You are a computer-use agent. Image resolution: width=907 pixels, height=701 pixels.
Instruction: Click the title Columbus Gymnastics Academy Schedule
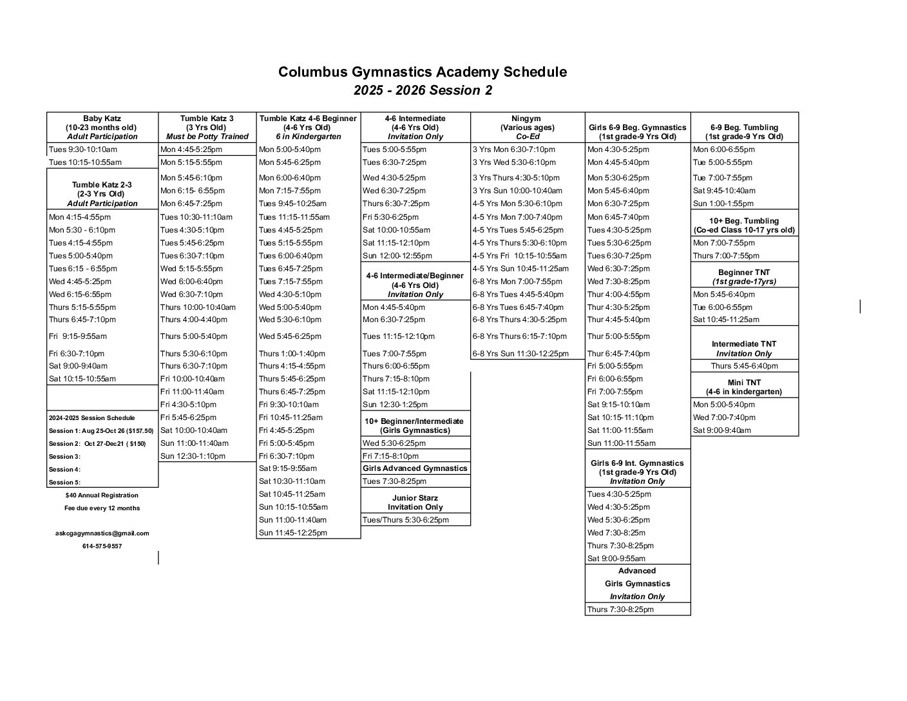click(422, 72)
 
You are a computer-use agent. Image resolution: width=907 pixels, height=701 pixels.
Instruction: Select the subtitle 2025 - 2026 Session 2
click(422, 90)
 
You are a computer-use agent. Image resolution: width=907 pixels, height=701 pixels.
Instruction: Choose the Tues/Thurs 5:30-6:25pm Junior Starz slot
click(406, 520)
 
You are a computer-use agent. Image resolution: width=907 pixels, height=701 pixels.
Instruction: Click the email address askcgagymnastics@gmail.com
click(102, 533)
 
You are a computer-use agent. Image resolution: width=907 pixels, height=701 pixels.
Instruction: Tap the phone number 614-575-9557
click(102, 546)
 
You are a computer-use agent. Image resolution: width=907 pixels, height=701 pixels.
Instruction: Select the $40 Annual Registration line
click(102, 495)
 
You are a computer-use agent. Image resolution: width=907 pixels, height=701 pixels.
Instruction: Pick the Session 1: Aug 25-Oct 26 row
click(101, 430)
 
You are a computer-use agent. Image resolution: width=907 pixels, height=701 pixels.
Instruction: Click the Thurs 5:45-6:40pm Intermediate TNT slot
click(744, 366)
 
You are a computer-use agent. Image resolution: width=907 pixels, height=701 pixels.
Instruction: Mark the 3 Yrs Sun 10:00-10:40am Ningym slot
click(517, 191)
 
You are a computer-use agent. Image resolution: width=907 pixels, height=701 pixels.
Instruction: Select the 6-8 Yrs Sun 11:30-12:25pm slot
click(520, 354)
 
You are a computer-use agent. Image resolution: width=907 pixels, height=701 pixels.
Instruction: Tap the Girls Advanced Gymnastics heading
click(415, 468)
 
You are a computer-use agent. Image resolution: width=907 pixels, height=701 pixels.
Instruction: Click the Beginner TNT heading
click(744, 273)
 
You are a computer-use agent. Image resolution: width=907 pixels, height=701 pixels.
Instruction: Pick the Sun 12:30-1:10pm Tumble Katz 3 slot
click(193, 456)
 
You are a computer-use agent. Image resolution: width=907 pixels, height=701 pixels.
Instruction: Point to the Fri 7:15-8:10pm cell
click(390, 456)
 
